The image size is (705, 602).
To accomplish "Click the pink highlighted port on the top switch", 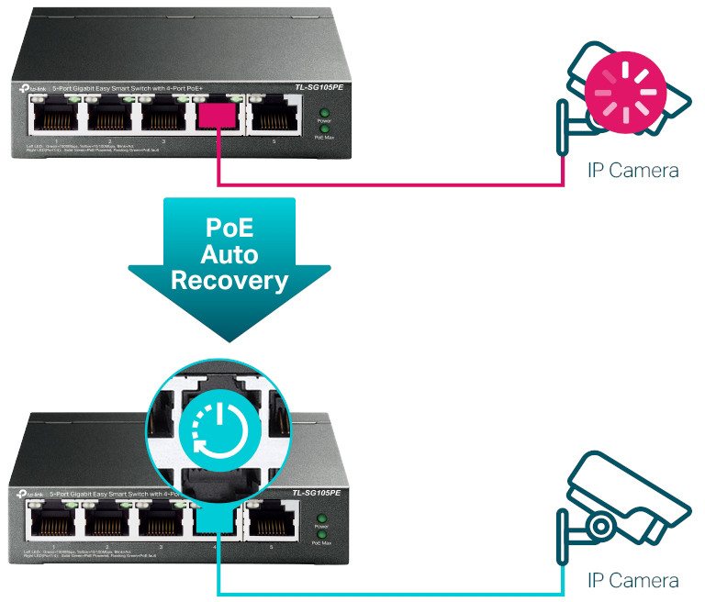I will coord(217,116).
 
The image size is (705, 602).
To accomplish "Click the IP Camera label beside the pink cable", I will coord(633,171).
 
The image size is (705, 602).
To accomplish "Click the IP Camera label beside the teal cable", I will coord(633,581).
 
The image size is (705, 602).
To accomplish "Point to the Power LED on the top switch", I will coord(323,112).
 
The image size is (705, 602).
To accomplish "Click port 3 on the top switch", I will coord(162,117).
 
